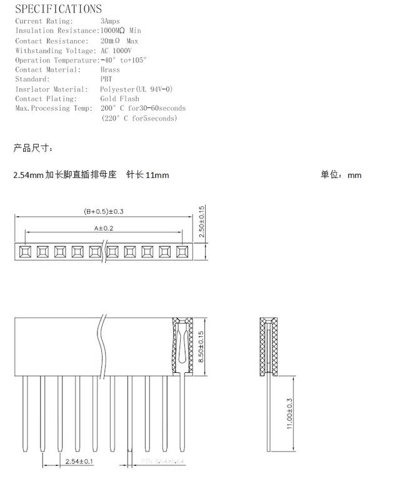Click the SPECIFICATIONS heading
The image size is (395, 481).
click(58, 9)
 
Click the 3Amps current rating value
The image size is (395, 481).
click(111, 21)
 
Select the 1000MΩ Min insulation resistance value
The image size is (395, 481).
click(121, 31)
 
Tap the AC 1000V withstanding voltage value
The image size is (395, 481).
click(116, 51)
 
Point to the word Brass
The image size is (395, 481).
click(110, 70)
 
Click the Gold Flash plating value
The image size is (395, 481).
click(119, 99)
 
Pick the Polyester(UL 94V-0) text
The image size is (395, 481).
click(136, 89)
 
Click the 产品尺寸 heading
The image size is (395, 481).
click(33, 148)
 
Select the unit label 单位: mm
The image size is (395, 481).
click(341, 175)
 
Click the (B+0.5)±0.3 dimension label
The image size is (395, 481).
click(104, 211)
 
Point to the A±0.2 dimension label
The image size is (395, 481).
click(104, 228)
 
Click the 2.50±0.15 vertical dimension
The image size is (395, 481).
click(201, 221)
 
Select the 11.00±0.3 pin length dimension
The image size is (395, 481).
click(289, 414)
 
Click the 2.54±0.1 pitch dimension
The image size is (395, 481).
click(79, 462)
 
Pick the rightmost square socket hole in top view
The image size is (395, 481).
click(182, 252)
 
